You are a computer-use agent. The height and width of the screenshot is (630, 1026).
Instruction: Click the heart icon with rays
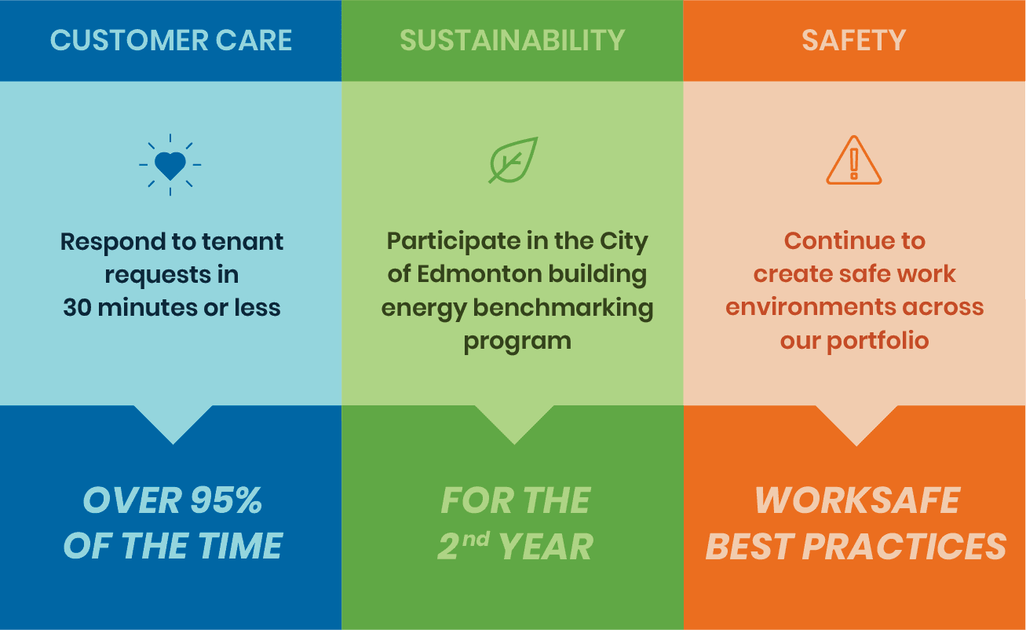(x=170, y=165)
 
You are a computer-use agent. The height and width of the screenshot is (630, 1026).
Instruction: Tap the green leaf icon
(x=513, y=160)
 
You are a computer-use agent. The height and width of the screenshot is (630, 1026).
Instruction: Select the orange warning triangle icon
(x=854, y=160)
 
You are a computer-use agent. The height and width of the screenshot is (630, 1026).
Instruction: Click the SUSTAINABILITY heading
(x=512, y=40)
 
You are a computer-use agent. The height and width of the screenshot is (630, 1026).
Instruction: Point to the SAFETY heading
(x=854, y=40)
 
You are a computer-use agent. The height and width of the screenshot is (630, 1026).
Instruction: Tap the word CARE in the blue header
(x=254, y=40)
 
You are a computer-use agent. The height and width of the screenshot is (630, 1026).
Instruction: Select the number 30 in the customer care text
(x=78, y=307)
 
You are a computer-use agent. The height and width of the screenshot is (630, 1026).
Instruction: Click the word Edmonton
(x=479, y=274)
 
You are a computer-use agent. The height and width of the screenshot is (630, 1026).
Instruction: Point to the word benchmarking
(x=563, y=308)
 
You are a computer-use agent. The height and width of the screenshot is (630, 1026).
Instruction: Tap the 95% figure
(x=226, y=500)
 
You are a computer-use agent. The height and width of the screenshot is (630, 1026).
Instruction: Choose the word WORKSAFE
(x=857, y=500)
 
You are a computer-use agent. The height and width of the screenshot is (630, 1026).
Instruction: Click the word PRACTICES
(x=904, y=546)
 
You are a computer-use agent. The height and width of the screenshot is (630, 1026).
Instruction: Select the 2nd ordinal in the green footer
(x=463, y=545)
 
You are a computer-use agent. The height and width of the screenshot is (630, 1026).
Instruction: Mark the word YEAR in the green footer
(x=546, y=546)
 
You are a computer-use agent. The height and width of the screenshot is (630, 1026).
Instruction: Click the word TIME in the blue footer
(x=240, y=546)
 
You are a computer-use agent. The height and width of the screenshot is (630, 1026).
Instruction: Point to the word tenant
(x=243, y=241)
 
